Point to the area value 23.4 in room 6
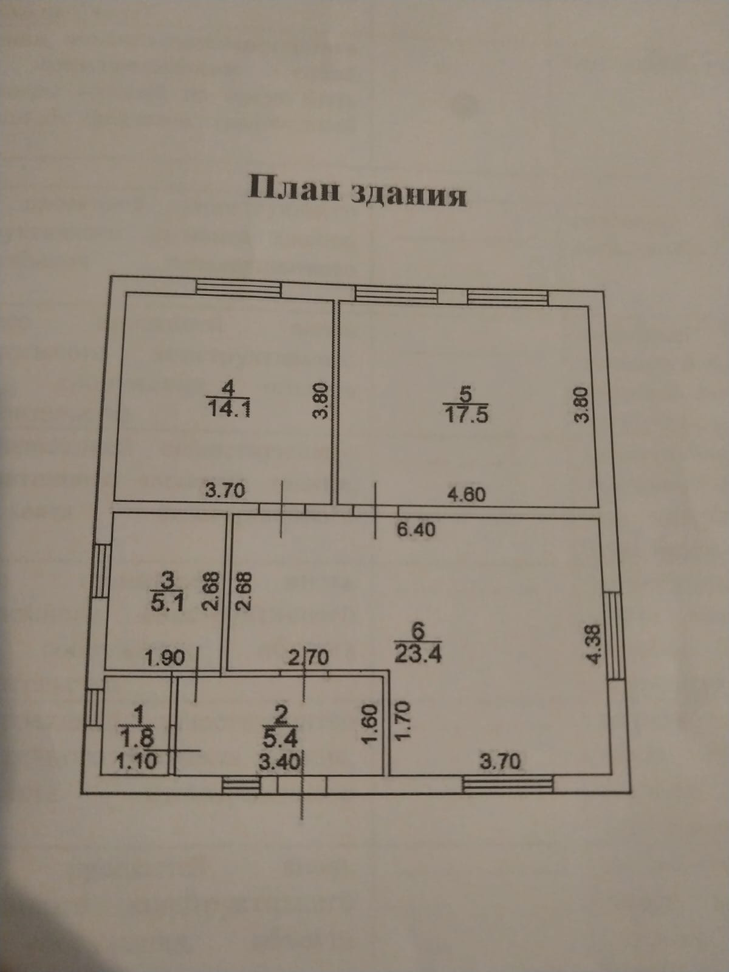tap(418, 654)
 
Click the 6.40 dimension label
tap(416, 530)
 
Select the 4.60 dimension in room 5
tap(465, 494)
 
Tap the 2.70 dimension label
tap(308, 657)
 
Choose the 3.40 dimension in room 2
tap(279, 762)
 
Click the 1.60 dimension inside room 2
tap(372, 724)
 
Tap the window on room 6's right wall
tap(614, 635)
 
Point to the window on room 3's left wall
tap(101, 572)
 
